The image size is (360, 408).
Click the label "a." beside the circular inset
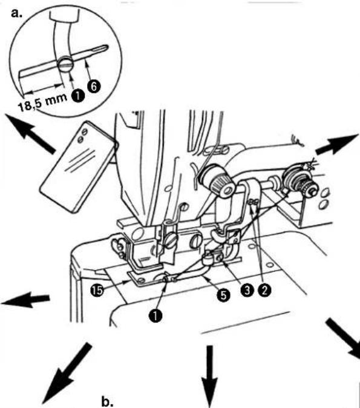tap(17, 13)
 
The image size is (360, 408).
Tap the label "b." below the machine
tap(107, 401)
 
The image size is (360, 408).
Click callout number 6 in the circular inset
tap(94, 86)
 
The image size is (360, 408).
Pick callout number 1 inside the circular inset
tap(78, 96)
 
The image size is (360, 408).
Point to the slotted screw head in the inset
tap(65, 64)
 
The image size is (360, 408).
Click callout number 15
tap(97, 290)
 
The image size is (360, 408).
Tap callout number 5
tap(224, 295)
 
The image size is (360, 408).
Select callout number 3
tap(247, 290)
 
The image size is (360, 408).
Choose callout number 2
tap(264, 290)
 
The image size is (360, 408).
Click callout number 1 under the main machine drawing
tap(155, 315)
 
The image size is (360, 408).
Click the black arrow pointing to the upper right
tap(337, 145)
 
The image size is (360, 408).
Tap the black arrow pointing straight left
tap(25, 299)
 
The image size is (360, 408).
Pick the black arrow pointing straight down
tap(209, 376)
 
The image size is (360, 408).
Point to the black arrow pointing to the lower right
tap(343, 338)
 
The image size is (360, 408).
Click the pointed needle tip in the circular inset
tap(107, 47)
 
